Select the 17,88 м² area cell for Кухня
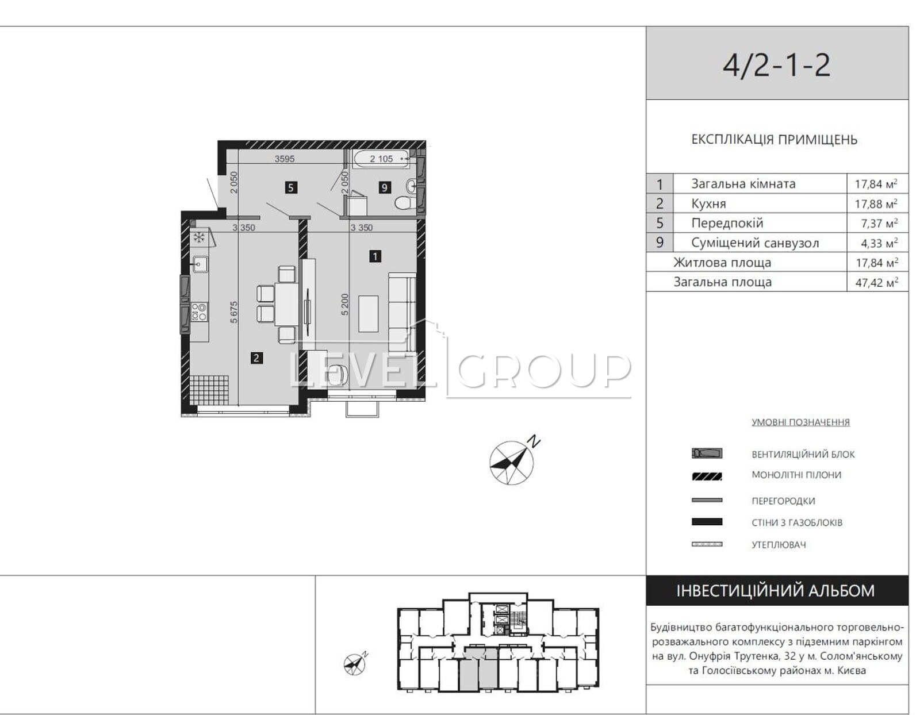point(876,203)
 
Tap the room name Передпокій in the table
point(727,223)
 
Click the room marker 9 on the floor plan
point(385,187)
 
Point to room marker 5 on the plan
point(291,187)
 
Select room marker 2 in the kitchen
point(256,358)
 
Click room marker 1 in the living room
point(375,256)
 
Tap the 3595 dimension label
point(285,159)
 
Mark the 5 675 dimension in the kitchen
point(234,312)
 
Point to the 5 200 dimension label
point(345,304)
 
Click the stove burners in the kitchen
point(199,312)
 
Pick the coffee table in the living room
point(369,314)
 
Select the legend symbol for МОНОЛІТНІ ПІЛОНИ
point(707,476)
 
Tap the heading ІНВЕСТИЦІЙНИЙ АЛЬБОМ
point(776,591)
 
